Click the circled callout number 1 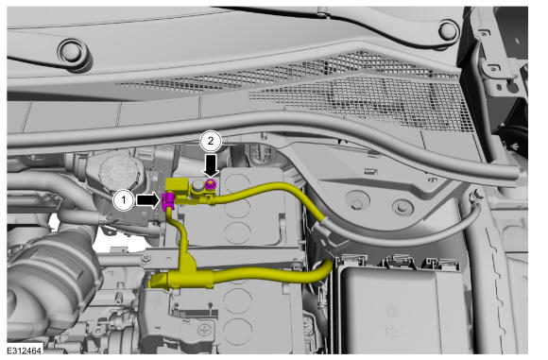[124, 200]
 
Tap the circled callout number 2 [211, 141]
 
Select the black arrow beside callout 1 [148, 200]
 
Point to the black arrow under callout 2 [211, 165]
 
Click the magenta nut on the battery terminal [211, 184]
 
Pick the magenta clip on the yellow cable [167, 201]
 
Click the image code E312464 [25, 351]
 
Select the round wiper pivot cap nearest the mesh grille [449, 31]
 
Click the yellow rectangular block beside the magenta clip [177, 185]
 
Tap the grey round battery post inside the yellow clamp [198, 186]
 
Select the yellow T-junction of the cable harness [188, 269]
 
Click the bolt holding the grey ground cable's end [477, 195]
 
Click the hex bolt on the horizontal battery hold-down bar [146, 258]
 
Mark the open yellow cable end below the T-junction [160, 281]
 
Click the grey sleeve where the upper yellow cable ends [323, 226]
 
